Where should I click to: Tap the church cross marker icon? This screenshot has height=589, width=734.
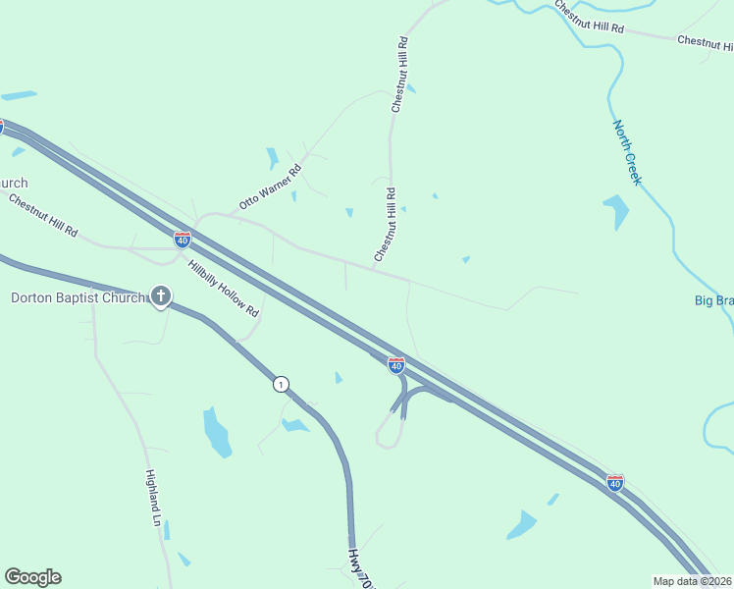(x=161, y=295)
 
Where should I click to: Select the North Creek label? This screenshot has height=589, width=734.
(x=627, y=152)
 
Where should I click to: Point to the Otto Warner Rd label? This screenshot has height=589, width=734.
(x=270, y=187)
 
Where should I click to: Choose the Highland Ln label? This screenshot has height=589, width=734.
(x=152, y=498)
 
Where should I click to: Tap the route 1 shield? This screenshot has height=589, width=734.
(x=282, y=384)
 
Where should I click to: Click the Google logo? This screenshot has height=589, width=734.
(x=32, y=577)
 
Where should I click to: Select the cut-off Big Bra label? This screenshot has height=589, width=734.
(x=713, y=300)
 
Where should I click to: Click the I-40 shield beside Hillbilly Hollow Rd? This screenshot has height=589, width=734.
(x=183, y=239)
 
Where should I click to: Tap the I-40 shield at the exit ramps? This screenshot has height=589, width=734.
(x=396, y=365)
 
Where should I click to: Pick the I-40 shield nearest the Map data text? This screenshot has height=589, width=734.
(x=614, y=482)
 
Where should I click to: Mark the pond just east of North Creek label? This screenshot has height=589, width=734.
(x=616, y=210)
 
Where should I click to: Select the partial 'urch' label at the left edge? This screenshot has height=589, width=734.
(x=14, y=184)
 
